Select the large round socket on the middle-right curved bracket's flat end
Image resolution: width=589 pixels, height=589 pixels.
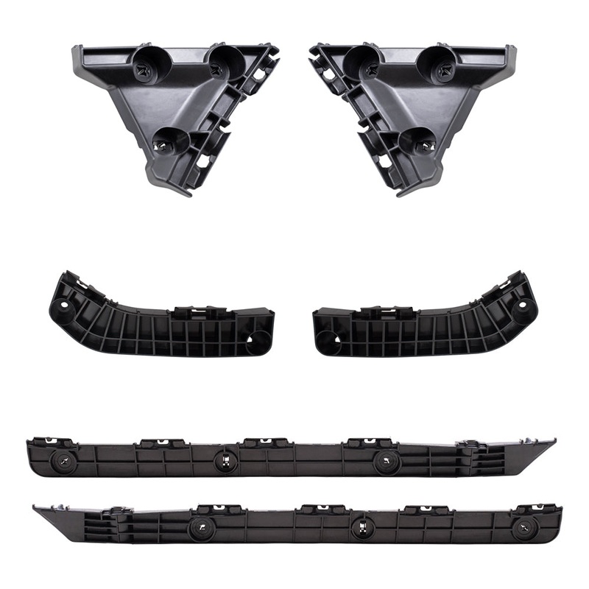330,339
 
